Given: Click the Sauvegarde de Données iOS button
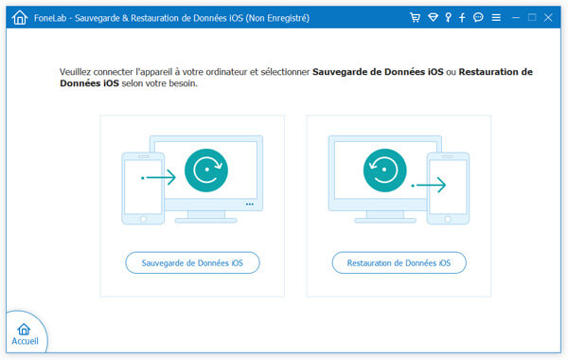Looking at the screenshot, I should pos(192,262).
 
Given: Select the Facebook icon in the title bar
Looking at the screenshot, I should pos(463,18).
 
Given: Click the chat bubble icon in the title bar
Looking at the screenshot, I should pos(479,18).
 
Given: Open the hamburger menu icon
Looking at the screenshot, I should pos(496,18).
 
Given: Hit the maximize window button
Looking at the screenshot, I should pos(532,18).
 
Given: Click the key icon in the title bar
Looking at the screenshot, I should pos(448,18).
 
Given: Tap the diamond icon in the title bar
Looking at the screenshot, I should pos(432,18).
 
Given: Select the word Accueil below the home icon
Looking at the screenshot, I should pos(25,339).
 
